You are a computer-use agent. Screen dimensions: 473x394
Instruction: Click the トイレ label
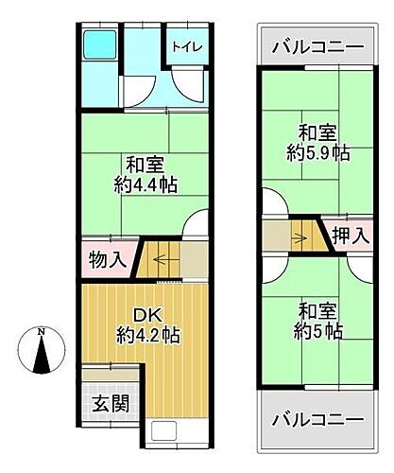186,46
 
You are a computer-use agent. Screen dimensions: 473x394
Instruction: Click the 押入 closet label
349,236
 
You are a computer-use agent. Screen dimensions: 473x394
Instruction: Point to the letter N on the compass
41,331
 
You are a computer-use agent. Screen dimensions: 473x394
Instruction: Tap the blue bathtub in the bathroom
97,45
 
